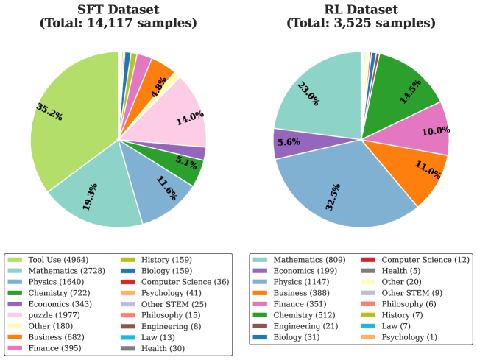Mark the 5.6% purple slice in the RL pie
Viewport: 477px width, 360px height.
289,144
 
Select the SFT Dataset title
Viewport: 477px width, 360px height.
118,16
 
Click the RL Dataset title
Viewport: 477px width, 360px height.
361,16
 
